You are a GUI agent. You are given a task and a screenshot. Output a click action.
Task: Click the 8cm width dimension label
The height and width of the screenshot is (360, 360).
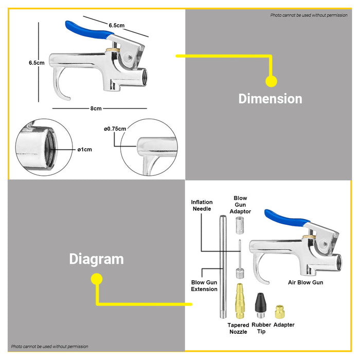pos(96,109)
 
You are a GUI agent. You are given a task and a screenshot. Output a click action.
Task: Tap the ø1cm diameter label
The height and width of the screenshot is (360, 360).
pos(84,150)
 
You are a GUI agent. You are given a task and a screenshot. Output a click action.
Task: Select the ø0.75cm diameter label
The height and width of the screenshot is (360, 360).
pos(115,129)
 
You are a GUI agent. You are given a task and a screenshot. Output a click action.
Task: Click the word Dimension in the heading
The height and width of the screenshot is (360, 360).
pos(270,98)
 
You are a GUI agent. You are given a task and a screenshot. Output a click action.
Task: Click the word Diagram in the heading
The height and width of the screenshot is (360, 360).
pos(96,259)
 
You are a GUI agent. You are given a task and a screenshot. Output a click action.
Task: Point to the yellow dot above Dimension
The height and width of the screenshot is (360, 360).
pos(271,81)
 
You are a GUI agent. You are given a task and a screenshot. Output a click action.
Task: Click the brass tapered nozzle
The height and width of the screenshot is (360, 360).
pos(239,301)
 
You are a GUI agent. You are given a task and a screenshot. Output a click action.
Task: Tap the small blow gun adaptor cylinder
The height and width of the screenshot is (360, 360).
pos(239,226)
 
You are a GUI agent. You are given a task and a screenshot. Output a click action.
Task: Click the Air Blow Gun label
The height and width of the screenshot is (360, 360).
pos(305,282)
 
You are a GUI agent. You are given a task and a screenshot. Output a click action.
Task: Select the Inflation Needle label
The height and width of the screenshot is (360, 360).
pos(202,206)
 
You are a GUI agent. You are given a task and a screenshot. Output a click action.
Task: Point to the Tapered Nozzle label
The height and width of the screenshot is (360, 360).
pos(238,328)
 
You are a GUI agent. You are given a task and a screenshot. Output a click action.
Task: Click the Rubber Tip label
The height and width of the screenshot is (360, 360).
pos(261,328)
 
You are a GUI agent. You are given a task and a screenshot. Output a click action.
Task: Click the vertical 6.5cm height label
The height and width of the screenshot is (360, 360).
pos(37,63)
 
